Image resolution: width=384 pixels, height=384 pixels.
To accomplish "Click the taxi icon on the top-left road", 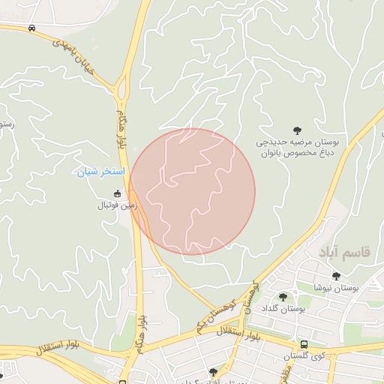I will pos(31,28).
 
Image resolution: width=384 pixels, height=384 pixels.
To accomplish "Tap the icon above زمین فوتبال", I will pos(116,193).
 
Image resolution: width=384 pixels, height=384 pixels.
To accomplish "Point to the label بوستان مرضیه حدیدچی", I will pos(300,142).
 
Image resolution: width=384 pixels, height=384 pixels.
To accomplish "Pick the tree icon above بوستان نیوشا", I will pos(336,276).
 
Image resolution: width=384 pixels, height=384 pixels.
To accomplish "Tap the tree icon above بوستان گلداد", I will pos(283,298).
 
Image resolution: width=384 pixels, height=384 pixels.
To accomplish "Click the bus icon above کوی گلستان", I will pos(303,345).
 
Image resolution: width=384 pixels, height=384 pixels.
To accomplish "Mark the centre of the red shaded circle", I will pos(192,191).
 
